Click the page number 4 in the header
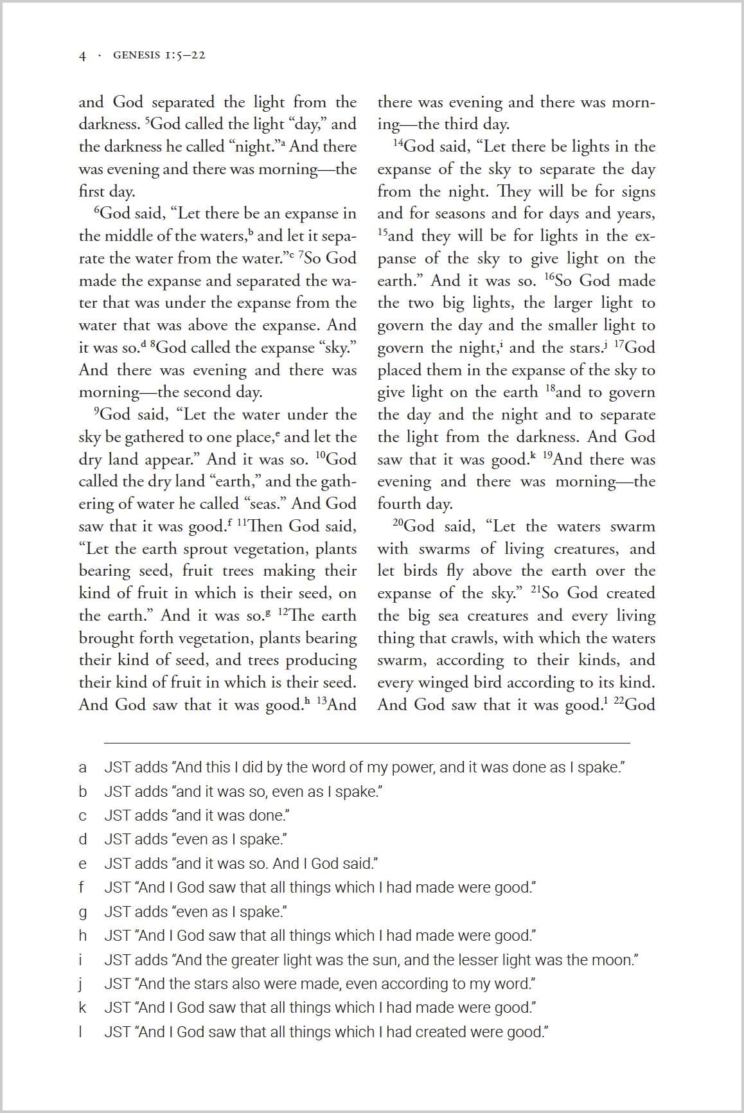(x=82, y=56)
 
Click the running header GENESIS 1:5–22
(x=159, y=55)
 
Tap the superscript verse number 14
(x=398, y=142)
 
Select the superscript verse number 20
(x=398, y=522)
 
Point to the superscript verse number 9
(x=97, y=410)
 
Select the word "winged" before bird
(x=442, y=682)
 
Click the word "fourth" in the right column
(x=400, y=504)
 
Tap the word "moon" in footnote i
(x=616, y=960)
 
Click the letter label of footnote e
(x=82, y=864)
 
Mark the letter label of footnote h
(x=82, y=936)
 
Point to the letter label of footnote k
(x=82, y=1008)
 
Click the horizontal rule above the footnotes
(x=367, y=743)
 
